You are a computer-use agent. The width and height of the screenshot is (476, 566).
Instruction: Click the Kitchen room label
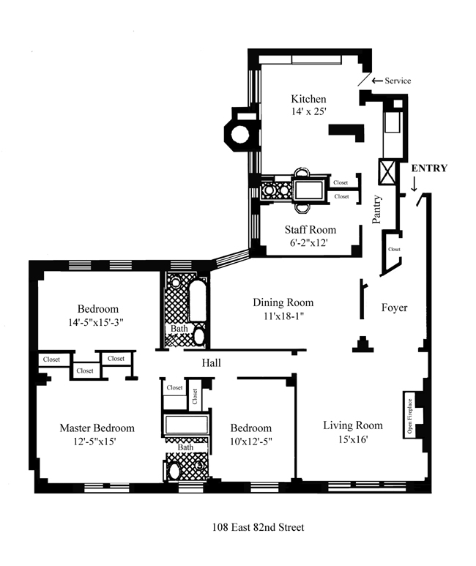pyautogui.click(x=308, y=99)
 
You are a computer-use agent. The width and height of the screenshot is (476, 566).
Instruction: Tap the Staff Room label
pyautogui.click(x=310, y=230)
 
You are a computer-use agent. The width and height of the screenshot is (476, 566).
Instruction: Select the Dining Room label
pyautogui.click(x=283, y=302)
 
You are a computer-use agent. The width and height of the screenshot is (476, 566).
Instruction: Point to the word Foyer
pyautogui.click(x=395, y=308)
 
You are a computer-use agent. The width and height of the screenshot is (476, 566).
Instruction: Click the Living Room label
pyautogui.click(x=353, y=425)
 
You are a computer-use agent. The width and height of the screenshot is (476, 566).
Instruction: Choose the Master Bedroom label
pyautogui.click(x=97, y=428)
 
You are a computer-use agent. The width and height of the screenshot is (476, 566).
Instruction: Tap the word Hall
pyautogui.click(x=212, y=362)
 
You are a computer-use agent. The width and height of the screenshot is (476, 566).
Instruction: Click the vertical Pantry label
pyautogui.click(x=376, y=209)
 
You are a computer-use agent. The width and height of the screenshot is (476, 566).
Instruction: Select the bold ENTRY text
pyautogui.click(x=429, y=168)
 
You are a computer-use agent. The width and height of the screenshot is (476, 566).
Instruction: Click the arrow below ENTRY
pyautogui.click(x=414, y=184)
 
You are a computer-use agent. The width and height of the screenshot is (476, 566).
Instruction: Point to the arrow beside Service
pyautogui.click(x=377, y=81)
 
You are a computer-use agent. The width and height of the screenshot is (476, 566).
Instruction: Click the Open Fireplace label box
pyautogui.click(x=409, y=414)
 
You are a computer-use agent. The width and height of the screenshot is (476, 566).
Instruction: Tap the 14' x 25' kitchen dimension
pyautogui.click(x=309, y=111)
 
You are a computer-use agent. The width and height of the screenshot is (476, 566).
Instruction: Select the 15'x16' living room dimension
pyautogui.click(x=353, y=439)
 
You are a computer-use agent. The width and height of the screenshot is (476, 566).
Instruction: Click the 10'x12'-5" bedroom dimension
pyautogui.click(x=251, y=441)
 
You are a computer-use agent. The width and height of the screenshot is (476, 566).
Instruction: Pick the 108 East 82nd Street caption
pyautogui.click(x=258, y=527)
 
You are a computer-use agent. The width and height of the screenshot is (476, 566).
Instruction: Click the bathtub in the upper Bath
pyautogui.click(x=197, y=301)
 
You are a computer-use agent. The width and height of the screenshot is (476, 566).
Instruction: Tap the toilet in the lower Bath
pyautogui.click(x=175, y=471)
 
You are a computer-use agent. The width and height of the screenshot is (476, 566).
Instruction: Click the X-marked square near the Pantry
pyautogui.click(x=387, y=172)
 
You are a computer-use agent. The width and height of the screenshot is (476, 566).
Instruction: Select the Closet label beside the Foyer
pyautogui.click(x=394, y=249)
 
